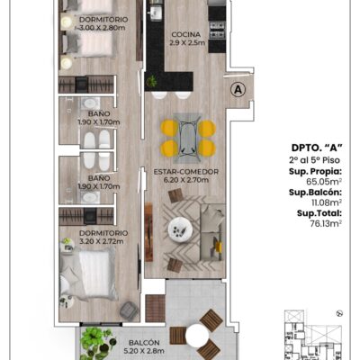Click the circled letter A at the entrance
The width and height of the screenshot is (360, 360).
(238, 89)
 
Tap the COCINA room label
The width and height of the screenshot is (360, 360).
(186, 34)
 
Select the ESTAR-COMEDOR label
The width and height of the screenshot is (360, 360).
(186, 172)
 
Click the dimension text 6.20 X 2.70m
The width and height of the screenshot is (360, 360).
(186, 180)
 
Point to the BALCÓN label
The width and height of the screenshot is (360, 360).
(144, 343)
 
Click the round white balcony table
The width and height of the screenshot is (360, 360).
(197, 336)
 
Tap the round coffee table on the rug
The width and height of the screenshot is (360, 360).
(180, 229)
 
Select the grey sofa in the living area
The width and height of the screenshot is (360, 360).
(212, 233)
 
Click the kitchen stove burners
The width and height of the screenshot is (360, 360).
(217, 30)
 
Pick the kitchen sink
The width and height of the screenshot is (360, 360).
(156, 13)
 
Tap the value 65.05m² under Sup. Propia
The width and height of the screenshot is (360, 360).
(324, 182)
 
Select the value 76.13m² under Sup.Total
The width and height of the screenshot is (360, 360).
(327, 223)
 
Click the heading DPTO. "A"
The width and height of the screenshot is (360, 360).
(317, 148)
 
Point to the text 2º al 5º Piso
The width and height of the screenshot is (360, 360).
(314, 160)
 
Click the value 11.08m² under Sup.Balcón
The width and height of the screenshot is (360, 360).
(327, 202)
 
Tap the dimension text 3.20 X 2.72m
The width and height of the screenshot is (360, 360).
(102, 241)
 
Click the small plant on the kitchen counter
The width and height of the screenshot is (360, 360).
(152, 81)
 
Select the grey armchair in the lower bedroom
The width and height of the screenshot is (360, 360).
(130, 310)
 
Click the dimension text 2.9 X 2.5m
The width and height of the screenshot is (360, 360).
(187, 42)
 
